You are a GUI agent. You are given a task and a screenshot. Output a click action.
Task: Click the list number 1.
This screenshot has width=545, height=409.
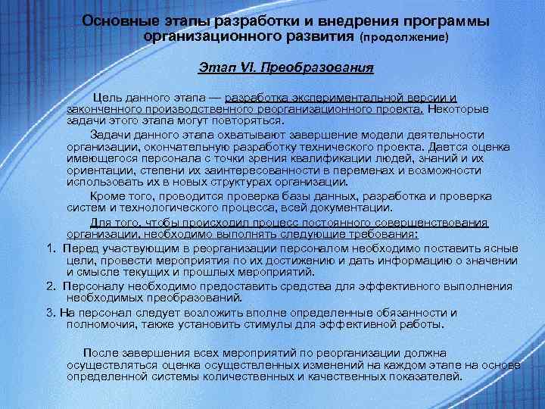point(48,248)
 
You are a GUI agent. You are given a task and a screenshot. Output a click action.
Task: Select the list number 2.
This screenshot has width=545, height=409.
point(49,286)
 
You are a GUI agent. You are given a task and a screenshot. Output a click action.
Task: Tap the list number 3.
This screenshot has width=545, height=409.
point(49,312)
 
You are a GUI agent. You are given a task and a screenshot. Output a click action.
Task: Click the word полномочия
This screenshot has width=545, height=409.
point(100,324)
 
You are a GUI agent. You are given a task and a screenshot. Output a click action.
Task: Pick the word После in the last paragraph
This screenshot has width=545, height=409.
point(99,353)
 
